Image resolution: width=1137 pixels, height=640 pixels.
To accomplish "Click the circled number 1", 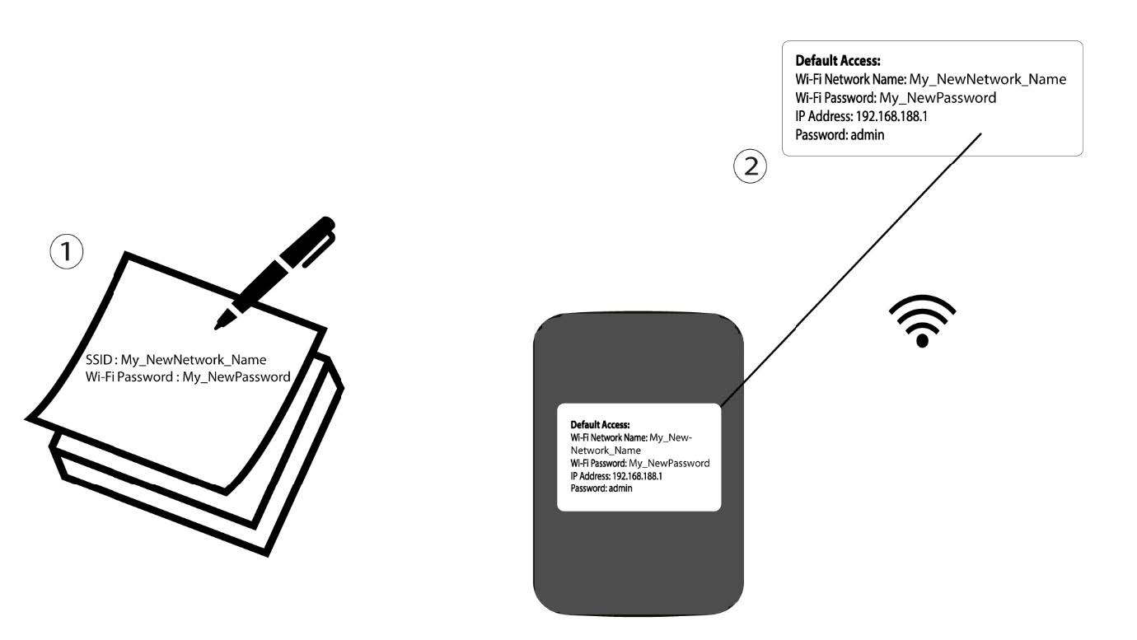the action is (x=67, y=251).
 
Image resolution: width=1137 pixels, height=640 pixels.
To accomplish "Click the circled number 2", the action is (x=751, y=166).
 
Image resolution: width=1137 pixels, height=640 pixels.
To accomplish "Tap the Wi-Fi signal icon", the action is (x=922, y=320).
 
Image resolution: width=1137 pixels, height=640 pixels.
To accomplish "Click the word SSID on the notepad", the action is (x=99, y=360).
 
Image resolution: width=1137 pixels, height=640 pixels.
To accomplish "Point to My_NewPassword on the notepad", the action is (x=236, y=377).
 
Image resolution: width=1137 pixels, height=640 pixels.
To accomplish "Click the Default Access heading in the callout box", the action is (x=838, y=61).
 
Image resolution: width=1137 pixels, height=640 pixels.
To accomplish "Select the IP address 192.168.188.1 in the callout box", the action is (x=891, y=116).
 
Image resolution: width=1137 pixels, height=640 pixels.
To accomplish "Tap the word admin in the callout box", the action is (x=868, y=135).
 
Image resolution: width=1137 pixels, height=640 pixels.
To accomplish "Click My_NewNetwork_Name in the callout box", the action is (x=987, y=80).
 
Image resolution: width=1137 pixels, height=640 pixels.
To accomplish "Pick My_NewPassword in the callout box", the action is (x=938, y=98).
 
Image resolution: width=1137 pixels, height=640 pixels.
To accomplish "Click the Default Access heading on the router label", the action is (x=600, y=425).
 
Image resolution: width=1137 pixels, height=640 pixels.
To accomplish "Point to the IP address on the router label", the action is (x=637, y=476).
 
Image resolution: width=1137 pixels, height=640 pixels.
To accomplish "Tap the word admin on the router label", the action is (x=620, y=488).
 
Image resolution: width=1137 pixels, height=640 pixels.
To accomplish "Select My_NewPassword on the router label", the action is (x=669, y=464).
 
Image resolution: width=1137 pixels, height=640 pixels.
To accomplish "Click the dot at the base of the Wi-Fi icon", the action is (x=922, y=340).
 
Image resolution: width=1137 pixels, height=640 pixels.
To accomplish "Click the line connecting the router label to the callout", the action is (x=851, y=269).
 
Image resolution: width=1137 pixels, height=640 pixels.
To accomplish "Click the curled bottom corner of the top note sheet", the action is (x=225, y=490).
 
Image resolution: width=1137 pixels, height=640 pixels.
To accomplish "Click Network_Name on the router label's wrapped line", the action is (x=606, y=451).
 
